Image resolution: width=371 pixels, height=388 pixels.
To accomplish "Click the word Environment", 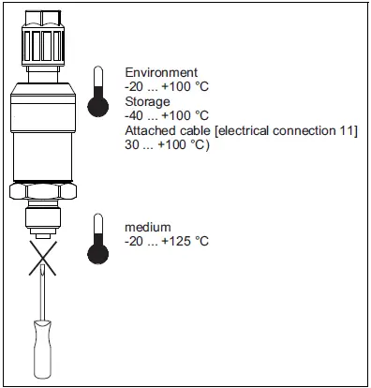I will pyautogui.click(x=161, y=73).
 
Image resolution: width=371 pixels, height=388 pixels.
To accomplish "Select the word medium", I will pyautogui.click(x=148, y=228).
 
